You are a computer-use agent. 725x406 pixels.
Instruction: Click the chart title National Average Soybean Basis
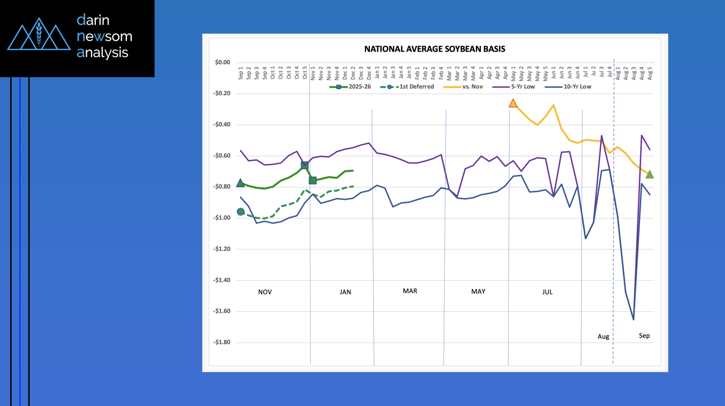(434, 49)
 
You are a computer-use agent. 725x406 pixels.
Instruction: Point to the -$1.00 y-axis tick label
(222, 218)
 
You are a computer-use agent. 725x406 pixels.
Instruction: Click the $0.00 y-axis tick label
(223, 62)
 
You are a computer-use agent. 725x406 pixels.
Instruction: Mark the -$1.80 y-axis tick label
(222, 342)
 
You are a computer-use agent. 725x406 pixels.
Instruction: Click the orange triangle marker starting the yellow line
(513, 103)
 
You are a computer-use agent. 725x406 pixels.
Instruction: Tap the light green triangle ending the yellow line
(649, 175)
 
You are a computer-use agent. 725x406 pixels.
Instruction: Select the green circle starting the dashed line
(241, 212)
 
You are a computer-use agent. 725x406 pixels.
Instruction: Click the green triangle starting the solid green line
(240, 183)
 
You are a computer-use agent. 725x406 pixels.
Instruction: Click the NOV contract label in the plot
(265, 292)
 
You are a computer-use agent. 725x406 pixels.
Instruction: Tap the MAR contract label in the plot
(410, 291)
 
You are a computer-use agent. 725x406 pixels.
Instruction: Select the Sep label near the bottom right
(644, 336)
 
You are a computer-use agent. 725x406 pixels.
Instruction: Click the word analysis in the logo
(103, 53)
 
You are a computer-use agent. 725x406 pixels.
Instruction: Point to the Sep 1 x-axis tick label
(241, 73)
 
